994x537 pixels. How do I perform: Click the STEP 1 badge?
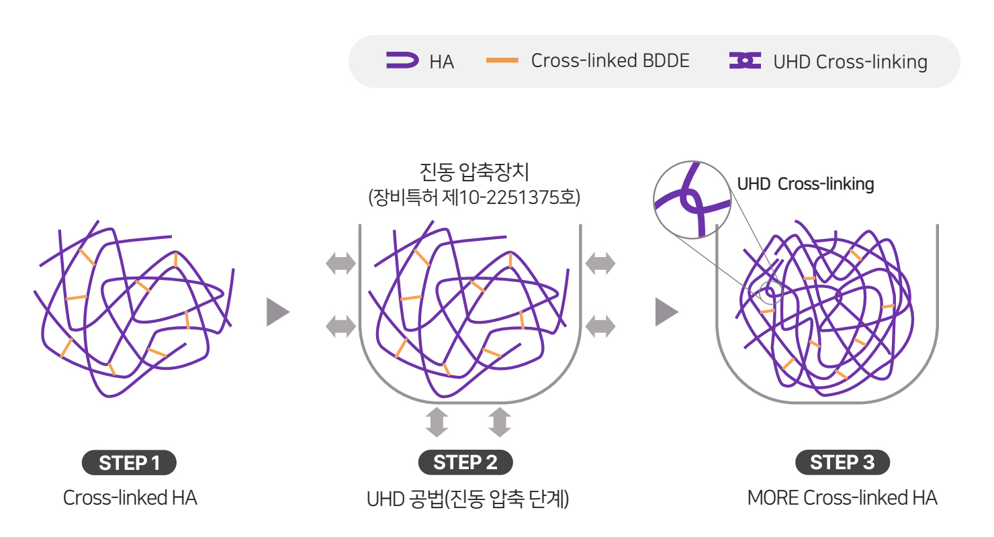click(x=129, y=462)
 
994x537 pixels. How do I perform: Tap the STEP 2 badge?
click(x=465, y=462)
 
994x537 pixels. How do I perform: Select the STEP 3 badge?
click(x=842, y=462)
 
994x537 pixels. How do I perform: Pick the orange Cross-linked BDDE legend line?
click(x=502, y=60)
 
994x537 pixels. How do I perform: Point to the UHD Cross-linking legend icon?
click(x=745, y=60)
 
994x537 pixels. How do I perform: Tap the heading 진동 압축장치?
click(x=474, y=172)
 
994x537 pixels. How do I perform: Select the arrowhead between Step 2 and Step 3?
click(x=666, y=312)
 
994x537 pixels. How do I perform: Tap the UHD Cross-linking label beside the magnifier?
click(x=805, y=184)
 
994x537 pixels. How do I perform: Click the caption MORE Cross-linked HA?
click(x=842, y=497)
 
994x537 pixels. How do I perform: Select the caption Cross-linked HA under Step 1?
click(x=130, y=497)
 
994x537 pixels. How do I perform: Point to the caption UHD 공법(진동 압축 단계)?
click(x=467, y=499)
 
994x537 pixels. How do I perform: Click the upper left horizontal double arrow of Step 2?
click(x=341, y=263)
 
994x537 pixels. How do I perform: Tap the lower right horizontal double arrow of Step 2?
click(x=600, y=326)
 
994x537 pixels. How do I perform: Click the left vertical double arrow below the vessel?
click(x=437, y=422)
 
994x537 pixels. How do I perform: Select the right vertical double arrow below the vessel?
click(x=500, y=422)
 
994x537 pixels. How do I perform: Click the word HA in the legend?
click(x=441, y=62)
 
